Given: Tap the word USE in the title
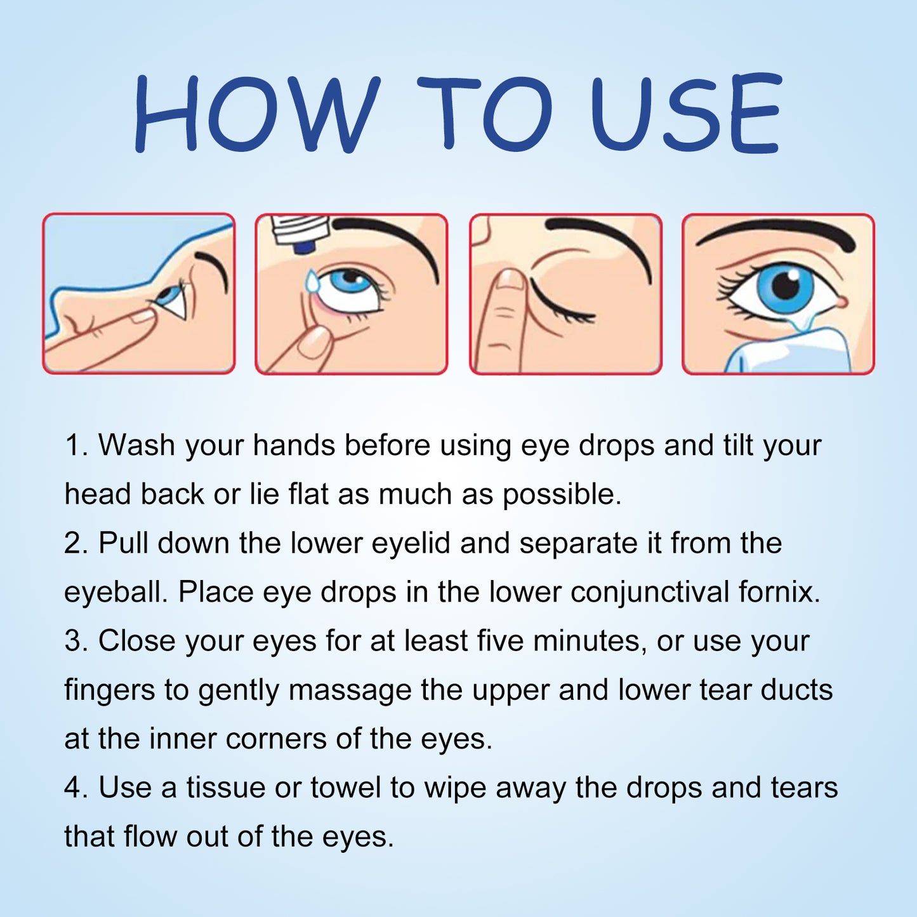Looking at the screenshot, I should tap(685, 114).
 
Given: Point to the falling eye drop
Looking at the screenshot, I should tap(312, 281).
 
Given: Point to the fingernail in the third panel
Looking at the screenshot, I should tap(510, 280).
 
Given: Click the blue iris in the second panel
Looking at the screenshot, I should tap(348, 282).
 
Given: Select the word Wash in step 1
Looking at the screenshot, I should tap(136, 445).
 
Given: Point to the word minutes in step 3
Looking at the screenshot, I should tap(586, 642).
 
